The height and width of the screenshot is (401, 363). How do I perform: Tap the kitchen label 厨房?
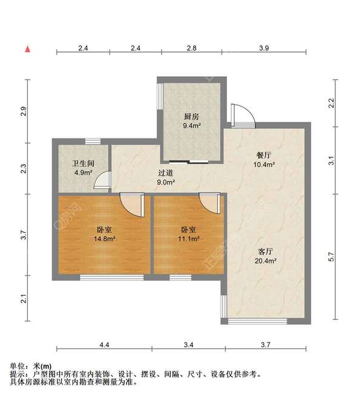(192, 116)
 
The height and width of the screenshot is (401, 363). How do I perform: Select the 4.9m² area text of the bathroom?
(83, 172)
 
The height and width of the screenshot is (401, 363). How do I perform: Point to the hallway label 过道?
(166, 172)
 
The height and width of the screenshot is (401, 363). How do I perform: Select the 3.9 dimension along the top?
(264, 47)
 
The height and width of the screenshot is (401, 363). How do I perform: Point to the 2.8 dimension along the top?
(191, 47)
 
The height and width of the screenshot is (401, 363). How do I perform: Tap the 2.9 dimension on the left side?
(24, 111)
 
